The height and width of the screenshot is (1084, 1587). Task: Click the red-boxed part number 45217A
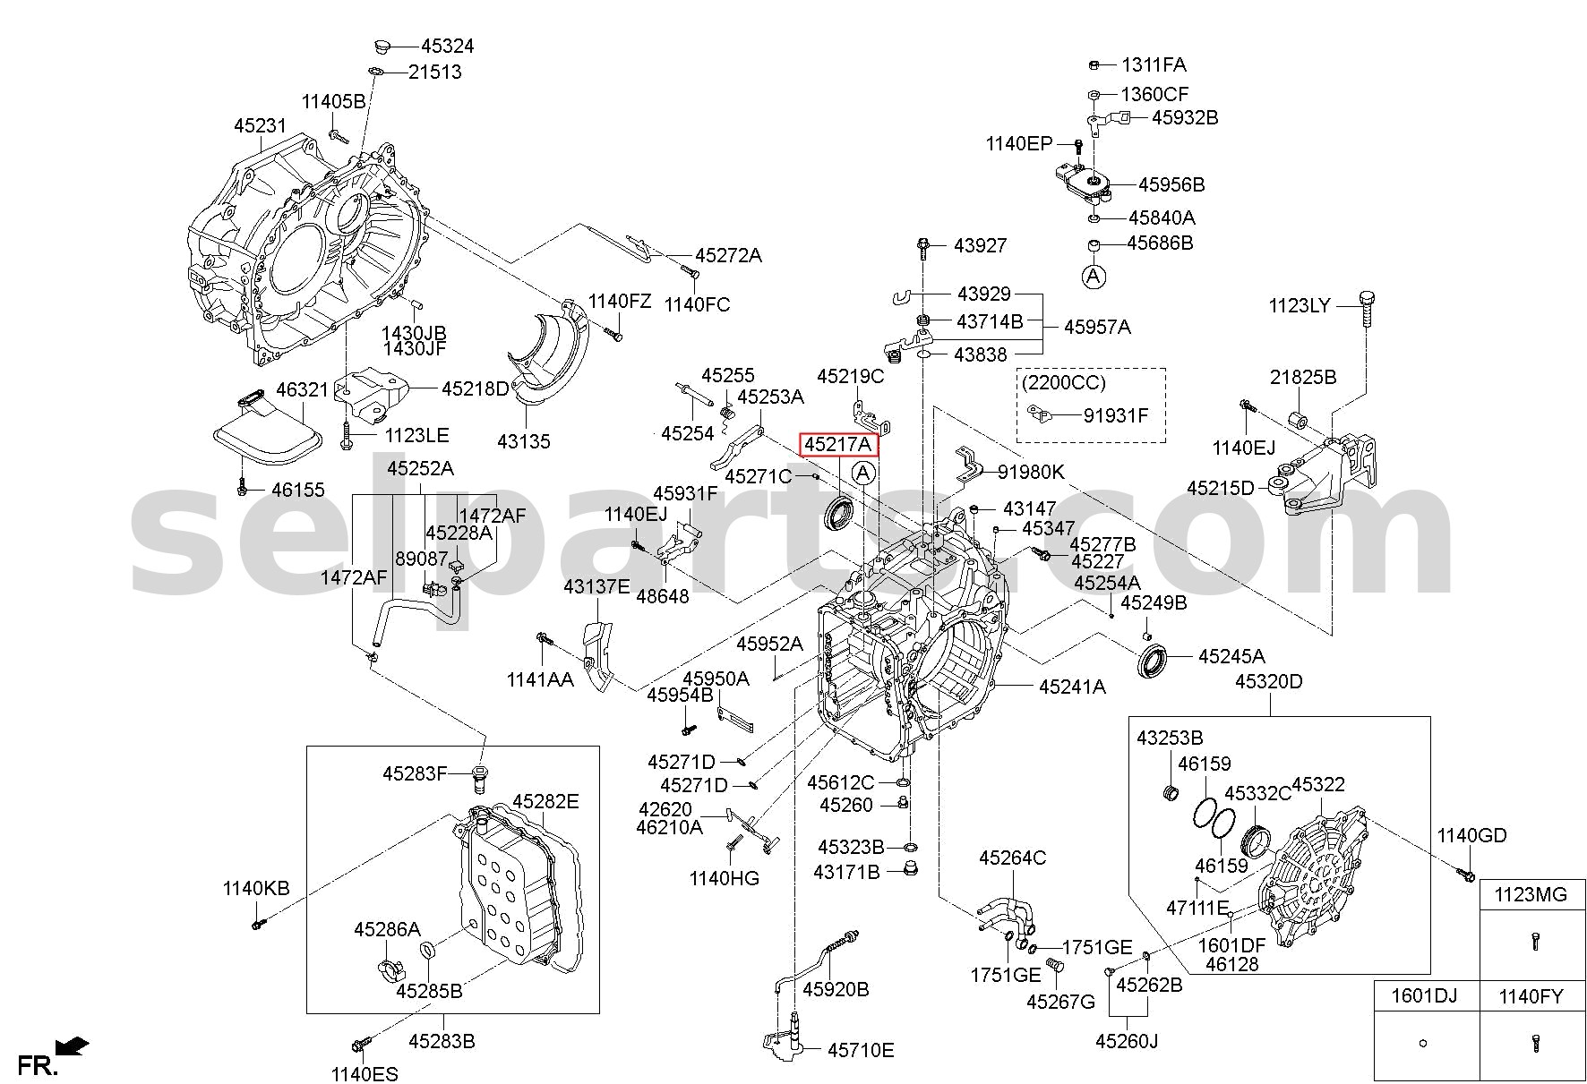point(837,445)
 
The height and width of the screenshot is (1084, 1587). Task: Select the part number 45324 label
point(448,47)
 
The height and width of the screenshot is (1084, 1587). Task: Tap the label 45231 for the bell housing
point(260,126)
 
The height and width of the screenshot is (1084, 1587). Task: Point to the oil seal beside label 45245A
point(1153,661)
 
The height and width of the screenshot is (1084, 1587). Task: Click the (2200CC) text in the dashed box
point(1064,383)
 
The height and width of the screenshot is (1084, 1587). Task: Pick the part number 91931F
point(1115,415)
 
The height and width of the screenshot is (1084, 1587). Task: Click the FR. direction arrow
point(72,1046)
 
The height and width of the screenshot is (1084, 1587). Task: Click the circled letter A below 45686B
point(1094,277)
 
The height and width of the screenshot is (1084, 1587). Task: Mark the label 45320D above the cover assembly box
point(1269,682)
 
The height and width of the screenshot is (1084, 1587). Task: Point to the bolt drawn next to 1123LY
point(1367,311)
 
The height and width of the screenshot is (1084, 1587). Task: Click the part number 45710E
point(861,1050)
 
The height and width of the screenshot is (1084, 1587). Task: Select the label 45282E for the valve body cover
point(545,801)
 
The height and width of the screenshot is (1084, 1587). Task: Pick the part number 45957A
point(1097,328)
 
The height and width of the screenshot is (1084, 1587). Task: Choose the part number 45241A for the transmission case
point(1073,687)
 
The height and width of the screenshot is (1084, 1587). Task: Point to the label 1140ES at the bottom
point(365,1073)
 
